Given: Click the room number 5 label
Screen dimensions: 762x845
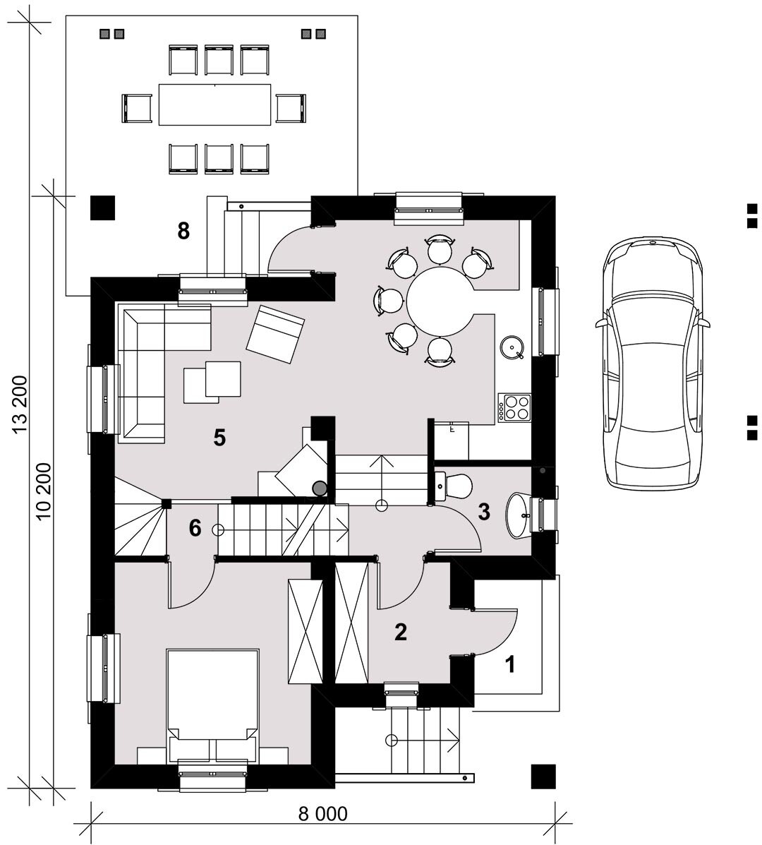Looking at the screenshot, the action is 219,438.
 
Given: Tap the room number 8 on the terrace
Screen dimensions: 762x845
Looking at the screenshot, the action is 183,231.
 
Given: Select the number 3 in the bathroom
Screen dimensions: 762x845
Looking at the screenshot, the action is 484,512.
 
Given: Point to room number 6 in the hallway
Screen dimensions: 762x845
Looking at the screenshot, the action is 195,528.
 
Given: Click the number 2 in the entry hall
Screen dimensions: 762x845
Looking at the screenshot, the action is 400,632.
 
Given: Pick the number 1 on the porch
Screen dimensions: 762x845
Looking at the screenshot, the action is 509,664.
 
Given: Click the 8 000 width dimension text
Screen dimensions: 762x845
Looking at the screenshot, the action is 323,814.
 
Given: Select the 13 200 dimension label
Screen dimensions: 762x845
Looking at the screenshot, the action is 20,404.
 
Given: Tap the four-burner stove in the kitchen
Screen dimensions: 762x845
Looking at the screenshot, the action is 514,407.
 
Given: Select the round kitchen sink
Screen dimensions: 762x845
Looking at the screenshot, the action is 511,347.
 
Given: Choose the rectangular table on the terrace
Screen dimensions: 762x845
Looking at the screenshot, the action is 215,104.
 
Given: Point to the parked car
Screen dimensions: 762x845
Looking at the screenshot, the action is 653,363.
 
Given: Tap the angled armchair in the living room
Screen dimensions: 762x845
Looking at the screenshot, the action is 275,334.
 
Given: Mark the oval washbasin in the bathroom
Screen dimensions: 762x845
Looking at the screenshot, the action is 519,515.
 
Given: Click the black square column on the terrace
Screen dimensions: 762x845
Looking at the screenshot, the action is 102,208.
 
